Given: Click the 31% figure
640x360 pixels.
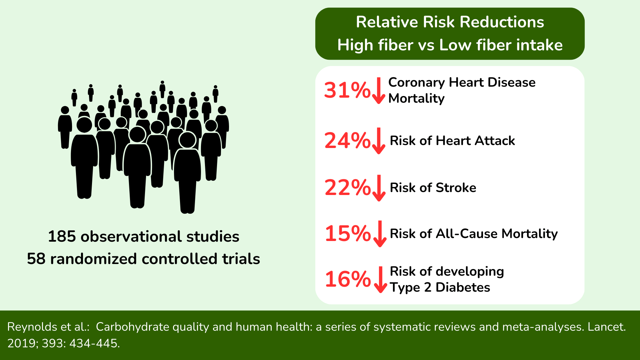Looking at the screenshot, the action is pyautogui.click(x=347, y=90).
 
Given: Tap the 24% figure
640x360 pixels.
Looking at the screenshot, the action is pyautogui.click(x=347, y=140).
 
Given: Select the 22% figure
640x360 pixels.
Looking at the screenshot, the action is pyautogui.click(x=347, y=187).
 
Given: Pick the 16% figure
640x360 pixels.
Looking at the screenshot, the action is pyautogui.click(x=348, y=279).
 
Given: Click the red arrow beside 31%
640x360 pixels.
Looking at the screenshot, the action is pyautogui.click(x=379, y=91).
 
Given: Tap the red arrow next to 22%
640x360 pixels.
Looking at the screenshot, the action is pyautogui.click(x=379, y=188).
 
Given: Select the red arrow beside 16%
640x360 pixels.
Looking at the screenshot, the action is pyautogui.click(x=380, y=280).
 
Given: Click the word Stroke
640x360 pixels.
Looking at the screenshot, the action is pyautogui.click(x=456, y=188).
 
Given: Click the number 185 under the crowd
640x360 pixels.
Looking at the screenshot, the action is pyautogui.click(x=62, y=236).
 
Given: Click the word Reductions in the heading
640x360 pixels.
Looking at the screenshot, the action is pyautogui.click(x=502, y=22).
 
